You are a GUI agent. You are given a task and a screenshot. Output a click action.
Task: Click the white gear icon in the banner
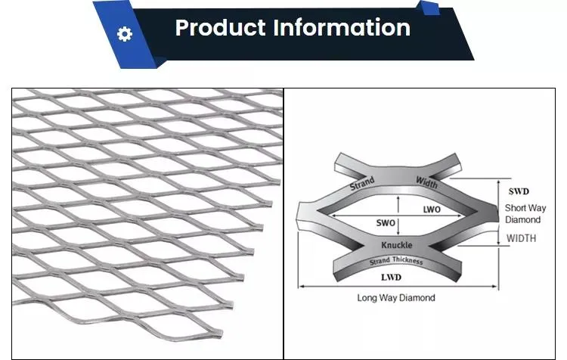(x=125, y=34)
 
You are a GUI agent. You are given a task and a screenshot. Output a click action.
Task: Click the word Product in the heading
(x=220, y=28)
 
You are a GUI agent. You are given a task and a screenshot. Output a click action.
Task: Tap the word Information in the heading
(x=342, y=28)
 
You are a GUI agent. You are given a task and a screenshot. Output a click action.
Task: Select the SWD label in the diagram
(x=519, y=191)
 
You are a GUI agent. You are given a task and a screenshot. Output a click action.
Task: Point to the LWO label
(x=432, y=209)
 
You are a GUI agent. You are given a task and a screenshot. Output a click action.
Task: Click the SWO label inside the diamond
(x=386, y=223)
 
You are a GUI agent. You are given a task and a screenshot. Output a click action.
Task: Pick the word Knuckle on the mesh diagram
(x=397, y=245)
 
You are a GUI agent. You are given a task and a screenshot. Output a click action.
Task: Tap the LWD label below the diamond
(x=392, y=278)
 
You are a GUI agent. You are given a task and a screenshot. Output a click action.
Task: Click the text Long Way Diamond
(x=396, y=298)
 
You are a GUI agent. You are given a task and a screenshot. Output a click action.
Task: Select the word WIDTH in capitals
(x=521, y=238)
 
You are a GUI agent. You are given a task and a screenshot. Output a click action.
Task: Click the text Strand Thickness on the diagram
(x=396, y=260)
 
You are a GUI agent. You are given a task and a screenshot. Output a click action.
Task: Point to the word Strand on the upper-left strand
(x=362, y=184)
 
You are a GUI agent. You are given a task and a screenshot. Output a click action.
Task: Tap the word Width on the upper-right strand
(x=426, y=182)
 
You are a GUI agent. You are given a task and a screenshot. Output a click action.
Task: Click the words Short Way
(x=525, y=208)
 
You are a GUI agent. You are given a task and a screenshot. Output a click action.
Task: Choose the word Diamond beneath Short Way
(x=523, y=219)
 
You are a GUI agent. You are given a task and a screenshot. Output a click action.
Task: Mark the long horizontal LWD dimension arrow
(x=398, y=286)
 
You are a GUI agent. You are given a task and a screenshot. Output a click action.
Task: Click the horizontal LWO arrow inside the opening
(x=396, y=216)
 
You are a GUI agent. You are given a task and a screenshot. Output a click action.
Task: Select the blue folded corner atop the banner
(x=429, y=8)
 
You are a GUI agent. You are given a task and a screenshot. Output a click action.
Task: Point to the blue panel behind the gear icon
(x=125, y=34)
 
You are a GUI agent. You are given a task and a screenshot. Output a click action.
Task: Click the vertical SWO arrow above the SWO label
(x=398, y=204)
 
